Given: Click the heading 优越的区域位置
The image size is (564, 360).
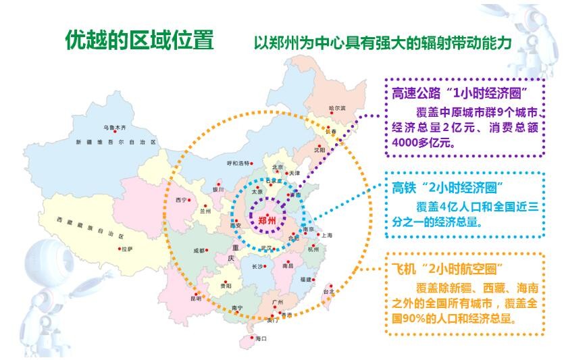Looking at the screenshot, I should (x=139, y=41).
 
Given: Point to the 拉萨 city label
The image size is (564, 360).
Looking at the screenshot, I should (x=127, y=249).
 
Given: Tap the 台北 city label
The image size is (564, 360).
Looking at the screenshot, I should (x=328, y=292).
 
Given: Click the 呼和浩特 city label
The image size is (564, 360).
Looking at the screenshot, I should (x=238, y=163).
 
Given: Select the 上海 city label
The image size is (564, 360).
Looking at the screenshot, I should (x=327, y=235).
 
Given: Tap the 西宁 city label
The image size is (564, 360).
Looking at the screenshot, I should (x=180, y=200).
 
